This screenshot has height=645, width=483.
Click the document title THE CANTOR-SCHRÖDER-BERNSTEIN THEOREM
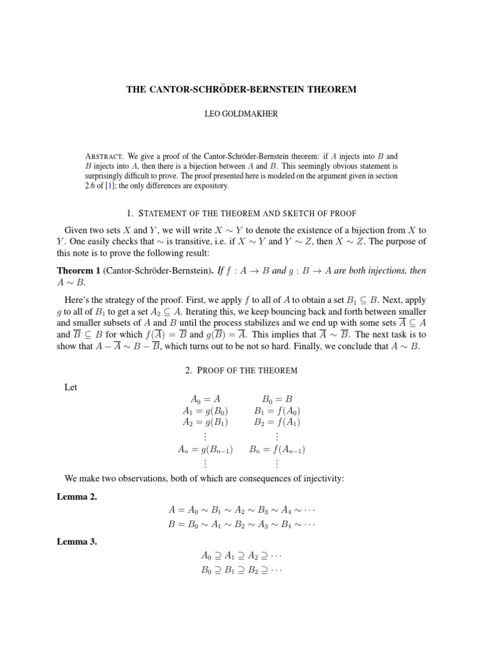241,89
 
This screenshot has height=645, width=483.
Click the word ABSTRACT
103,156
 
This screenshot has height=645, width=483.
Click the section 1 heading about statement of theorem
241,213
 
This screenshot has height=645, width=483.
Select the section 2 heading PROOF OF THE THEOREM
241,370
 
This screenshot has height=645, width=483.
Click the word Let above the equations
71,387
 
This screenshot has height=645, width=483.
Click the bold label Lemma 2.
75,497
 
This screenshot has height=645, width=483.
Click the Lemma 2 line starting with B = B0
241,523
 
